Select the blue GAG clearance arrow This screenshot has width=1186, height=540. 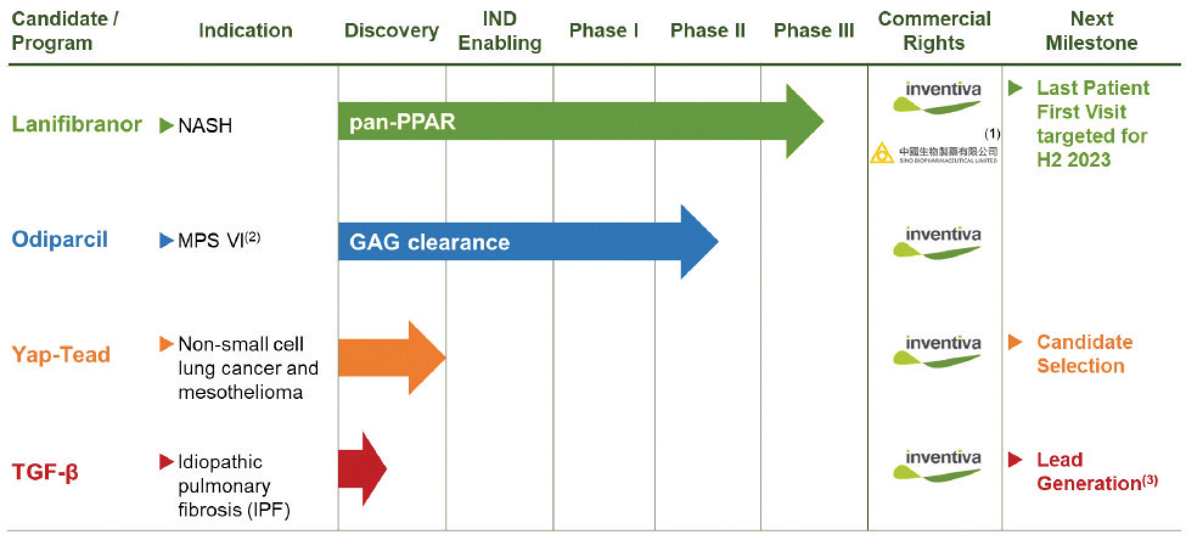tap(517, 242)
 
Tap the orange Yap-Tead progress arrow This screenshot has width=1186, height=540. tap(389, 358)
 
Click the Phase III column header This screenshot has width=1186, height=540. tap(813, 30)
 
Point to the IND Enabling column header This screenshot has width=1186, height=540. tap(499, 30)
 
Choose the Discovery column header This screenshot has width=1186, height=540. tap(391, 30)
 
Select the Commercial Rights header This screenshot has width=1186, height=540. tap(934, 30)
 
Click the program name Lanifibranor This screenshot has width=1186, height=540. tap(77, 124)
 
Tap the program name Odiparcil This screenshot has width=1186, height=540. tap(60, 239)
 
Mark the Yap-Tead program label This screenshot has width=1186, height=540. tap(61, 355)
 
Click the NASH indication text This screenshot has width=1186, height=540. tap(205, 126)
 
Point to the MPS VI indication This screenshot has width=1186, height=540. tap(218, 240)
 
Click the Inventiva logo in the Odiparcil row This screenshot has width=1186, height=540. tap(937, 242)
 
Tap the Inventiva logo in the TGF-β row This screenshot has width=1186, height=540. tap(937, 465)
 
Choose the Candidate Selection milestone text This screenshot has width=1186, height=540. tap(1084, 354)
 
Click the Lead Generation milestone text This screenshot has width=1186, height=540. tap(1089, 471)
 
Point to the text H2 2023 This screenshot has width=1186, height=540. tap(1073, 159)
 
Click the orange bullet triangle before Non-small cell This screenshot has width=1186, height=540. tap(166, 344)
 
